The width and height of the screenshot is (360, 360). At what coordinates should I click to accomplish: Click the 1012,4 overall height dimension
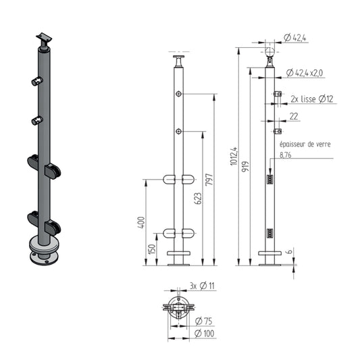(x=234, y=156)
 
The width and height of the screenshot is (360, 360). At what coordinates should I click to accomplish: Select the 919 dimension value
(x=245, y=166)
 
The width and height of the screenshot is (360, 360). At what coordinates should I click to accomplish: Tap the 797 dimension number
(x=209, y=180)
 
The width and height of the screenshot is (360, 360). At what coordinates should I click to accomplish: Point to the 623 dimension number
(x=198, y=199)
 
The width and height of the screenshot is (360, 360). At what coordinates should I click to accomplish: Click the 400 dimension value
(x=141, y=222)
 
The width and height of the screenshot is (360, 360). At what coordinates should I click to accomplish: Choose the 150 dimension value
(x=152, y=249)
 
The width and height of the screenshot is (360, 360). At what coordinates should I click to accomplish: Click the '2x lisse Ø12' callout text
(x=312, y=99)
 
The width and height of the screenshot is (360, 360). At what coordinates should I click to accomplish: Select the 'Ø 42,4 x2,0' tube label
(x=305, y=73)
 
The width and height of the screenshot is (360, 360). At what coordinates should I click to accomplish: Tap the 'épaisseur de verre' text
(x=305, y=144)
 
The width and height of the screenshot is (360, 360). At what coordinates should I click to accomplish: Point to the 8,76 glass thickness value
(x=286, y=155)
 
